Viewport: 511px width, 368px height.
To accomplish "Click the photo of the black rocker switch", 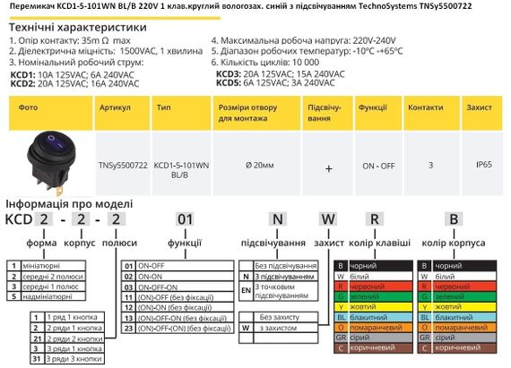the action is click(x=50, y=167).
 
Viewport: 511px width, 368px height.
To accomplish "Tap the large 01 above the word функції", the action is click(x=184, y=218).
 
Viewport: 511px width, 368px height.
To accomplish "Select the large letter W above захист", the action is click(x=327, y=218).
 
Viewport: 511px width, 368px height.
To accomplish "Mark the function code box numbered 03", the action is click(x=128, y=287).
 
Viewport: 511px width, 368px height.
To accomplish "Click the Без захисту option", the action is click(x=284, y=317).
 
